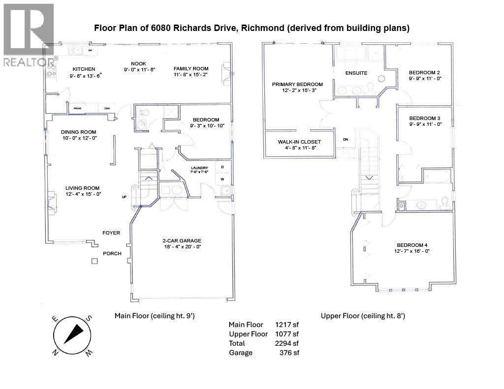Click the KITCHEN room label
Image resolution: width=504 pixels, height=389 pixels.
[84, 69]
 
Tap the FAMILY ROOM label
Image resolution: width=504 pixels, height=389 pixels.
[190, 69]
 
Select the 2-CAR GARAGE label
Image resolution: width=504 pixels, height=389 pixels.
[182, 240]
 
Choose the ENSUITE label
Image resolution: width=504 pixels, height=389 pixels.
[356, 73]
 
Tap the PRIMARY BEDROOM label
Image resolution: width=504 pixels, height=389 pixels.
[297, 84]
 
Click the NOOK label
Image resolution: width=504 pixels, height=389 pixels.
[138, 63]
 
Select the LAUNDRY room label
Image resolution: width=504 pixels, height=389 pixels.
[199, 168]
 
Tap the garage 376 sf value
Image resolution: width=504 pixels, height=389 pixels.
[290, 353]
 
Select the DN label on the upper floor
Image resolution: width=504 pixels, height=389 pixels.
[346, 140]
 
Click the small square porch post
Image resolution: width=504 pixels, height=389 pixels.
[94, 261]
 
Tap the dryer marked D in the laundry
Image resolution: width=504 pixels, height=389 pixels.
[222, 167]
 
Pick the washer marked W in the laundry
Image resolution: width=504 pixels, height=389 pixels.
[222, 179]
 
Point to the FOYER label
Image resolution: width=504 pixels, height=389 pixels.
[111, 233]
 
